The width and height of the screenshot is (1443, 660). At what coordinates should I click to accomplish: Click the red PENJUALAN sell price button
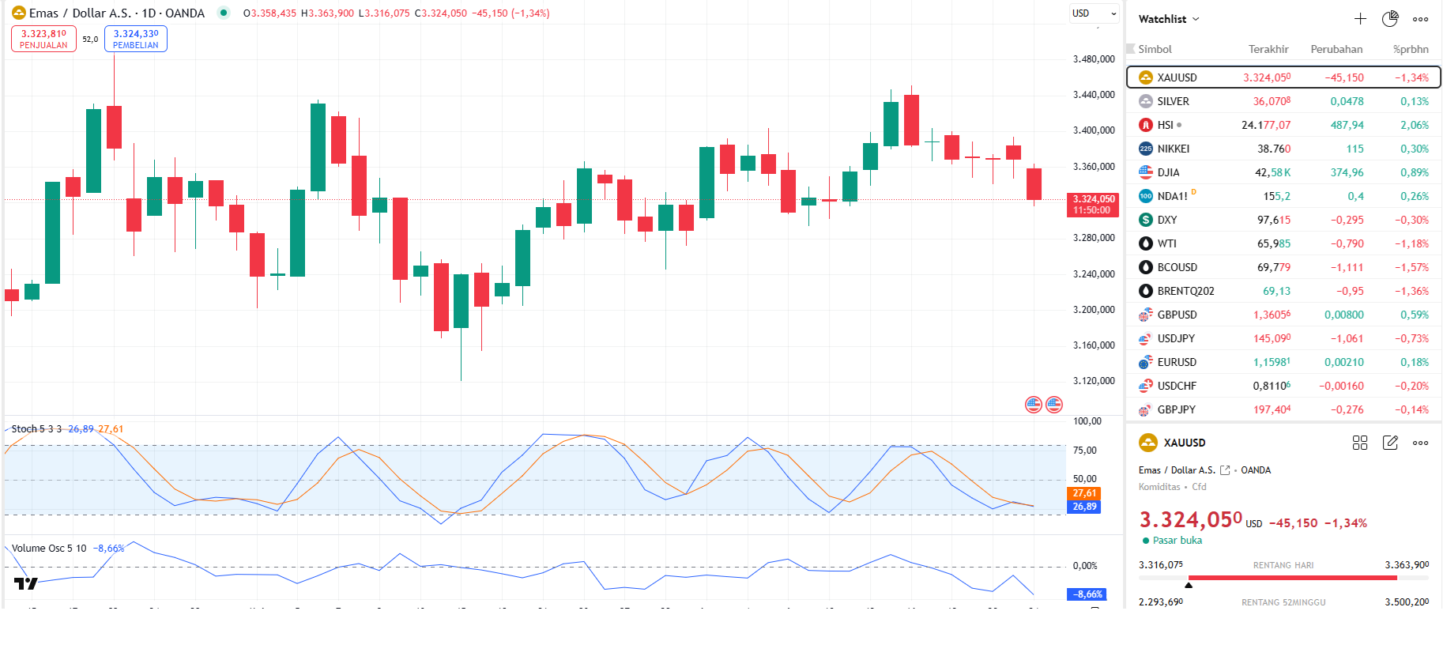coord(43,39)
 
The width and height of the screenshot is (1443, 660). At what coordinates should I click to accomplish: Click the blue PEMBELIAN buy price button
coord(135,39)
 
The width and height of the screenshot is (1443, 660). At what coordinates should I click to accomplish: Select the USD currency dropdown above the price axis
coord(1094,13)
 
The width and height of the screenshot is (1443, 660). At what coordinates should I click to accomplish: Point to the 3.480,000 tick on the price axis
coord(1094,59)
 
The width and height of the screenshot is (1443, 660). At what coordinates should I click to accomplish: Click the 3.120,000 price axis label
coord(1094,381)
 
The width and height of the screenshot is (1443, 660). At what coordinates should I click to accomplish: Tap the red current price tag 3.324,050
coord(1094,204)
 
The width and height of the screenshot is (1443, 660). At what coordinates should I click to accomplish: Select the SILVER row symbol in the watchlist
coord(1173,101)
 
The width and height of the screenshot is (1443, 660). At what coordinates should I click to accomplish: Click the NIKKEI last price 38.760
coord(1273,149)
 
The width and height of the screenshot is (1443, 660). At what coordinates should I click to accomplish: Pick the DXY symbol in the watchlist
coord(1166,220)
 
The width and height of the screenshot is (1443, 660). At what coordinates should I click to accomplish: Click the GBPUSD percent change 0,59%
coord(1414,315)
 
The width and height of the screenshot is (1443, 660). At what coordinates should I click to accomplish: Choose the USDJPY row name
coord(1176,338)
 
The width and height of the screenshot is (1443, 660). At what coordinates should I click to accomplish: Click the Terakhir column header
coord(1268,49)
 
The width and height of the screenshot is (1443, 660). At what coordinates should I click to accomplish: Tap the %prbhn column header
coord(1411,49)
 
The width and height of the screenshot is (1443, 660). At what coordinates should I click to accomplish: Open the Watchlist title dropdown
coord(1169,19)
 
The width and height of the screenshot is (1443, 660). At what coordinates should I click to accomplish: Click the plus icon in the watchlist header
coord(1360,19)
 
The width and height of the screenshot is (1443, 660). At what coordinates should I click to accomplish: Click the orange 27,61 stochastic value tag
coord(1084,493)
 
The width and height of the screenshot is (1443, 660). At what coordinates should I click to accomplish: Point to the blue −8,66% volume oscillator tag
coord(1088,594)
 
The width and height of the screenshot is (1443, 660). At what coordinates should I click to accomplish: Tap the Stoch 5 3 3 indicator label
coord(36,429)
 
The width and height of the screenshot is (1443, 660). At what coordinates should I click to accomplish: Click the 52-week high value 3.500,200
coord(1406,602)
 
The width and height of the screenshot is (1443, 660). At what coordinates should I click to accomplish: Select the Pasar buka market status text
coord(1177,541)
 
